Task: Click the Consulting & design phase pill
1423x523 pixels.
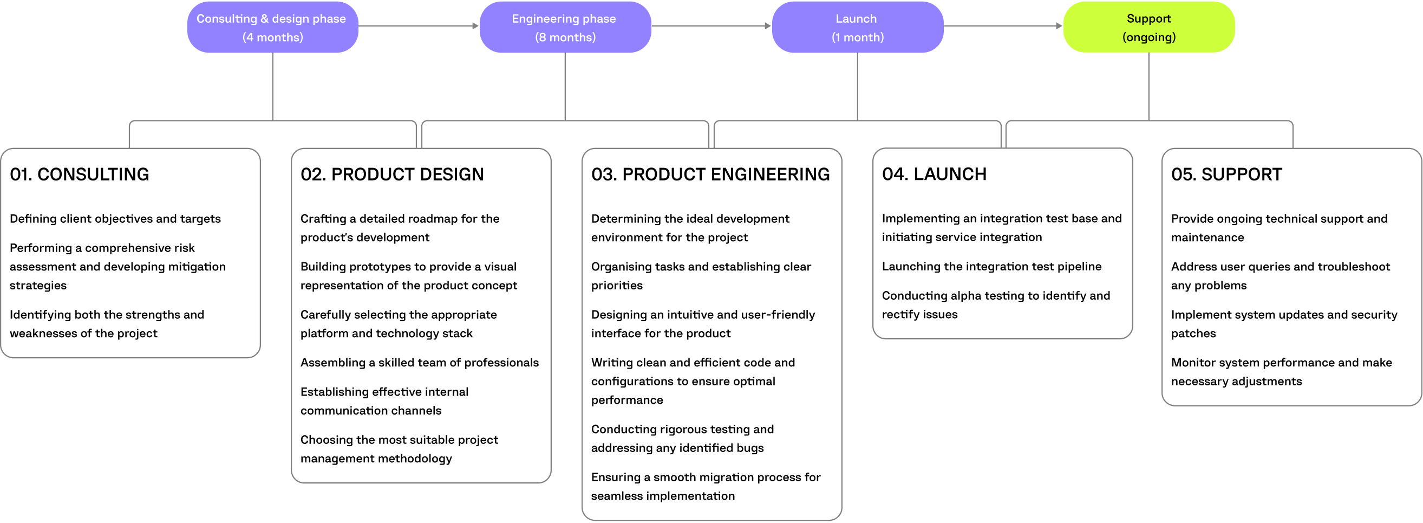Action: click(272, 27)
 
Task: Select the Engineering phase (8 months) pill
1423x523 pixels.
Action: click(565, 27)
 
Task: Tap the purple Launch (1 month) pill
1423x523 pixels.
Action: click(857, 27)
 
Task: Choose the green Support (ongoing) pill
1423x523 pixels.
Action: click(1148, 27)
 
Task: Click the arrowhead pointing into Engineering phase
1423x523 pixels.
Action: click(475, 25)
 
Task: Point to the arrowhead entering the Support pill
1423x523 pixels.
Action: click(1059, 25)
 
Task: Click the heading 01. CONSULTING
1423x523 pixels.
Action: click(80, 174)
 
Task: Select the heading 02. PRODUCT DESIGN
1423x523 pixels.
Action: click(391, 174)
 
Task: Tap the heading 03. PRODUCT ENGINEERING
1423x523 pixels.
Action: click(710, 174)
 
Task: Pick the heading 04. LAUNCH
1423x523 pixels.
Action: click(934, 174)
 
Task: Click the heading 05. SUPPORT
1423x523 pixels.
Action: click(1226, 174)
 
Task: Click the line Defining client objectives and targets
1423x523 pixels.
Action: click(115, 218)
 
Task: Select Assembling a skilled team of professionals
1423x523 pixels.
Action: click(419, 362)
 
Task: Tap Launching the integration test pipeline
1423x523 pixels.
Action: click(991, 266)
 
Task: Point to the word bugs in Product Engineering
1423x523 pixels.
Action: click(749, 448)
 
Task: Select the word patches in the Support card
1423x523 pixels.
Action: click(1193, 333)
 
